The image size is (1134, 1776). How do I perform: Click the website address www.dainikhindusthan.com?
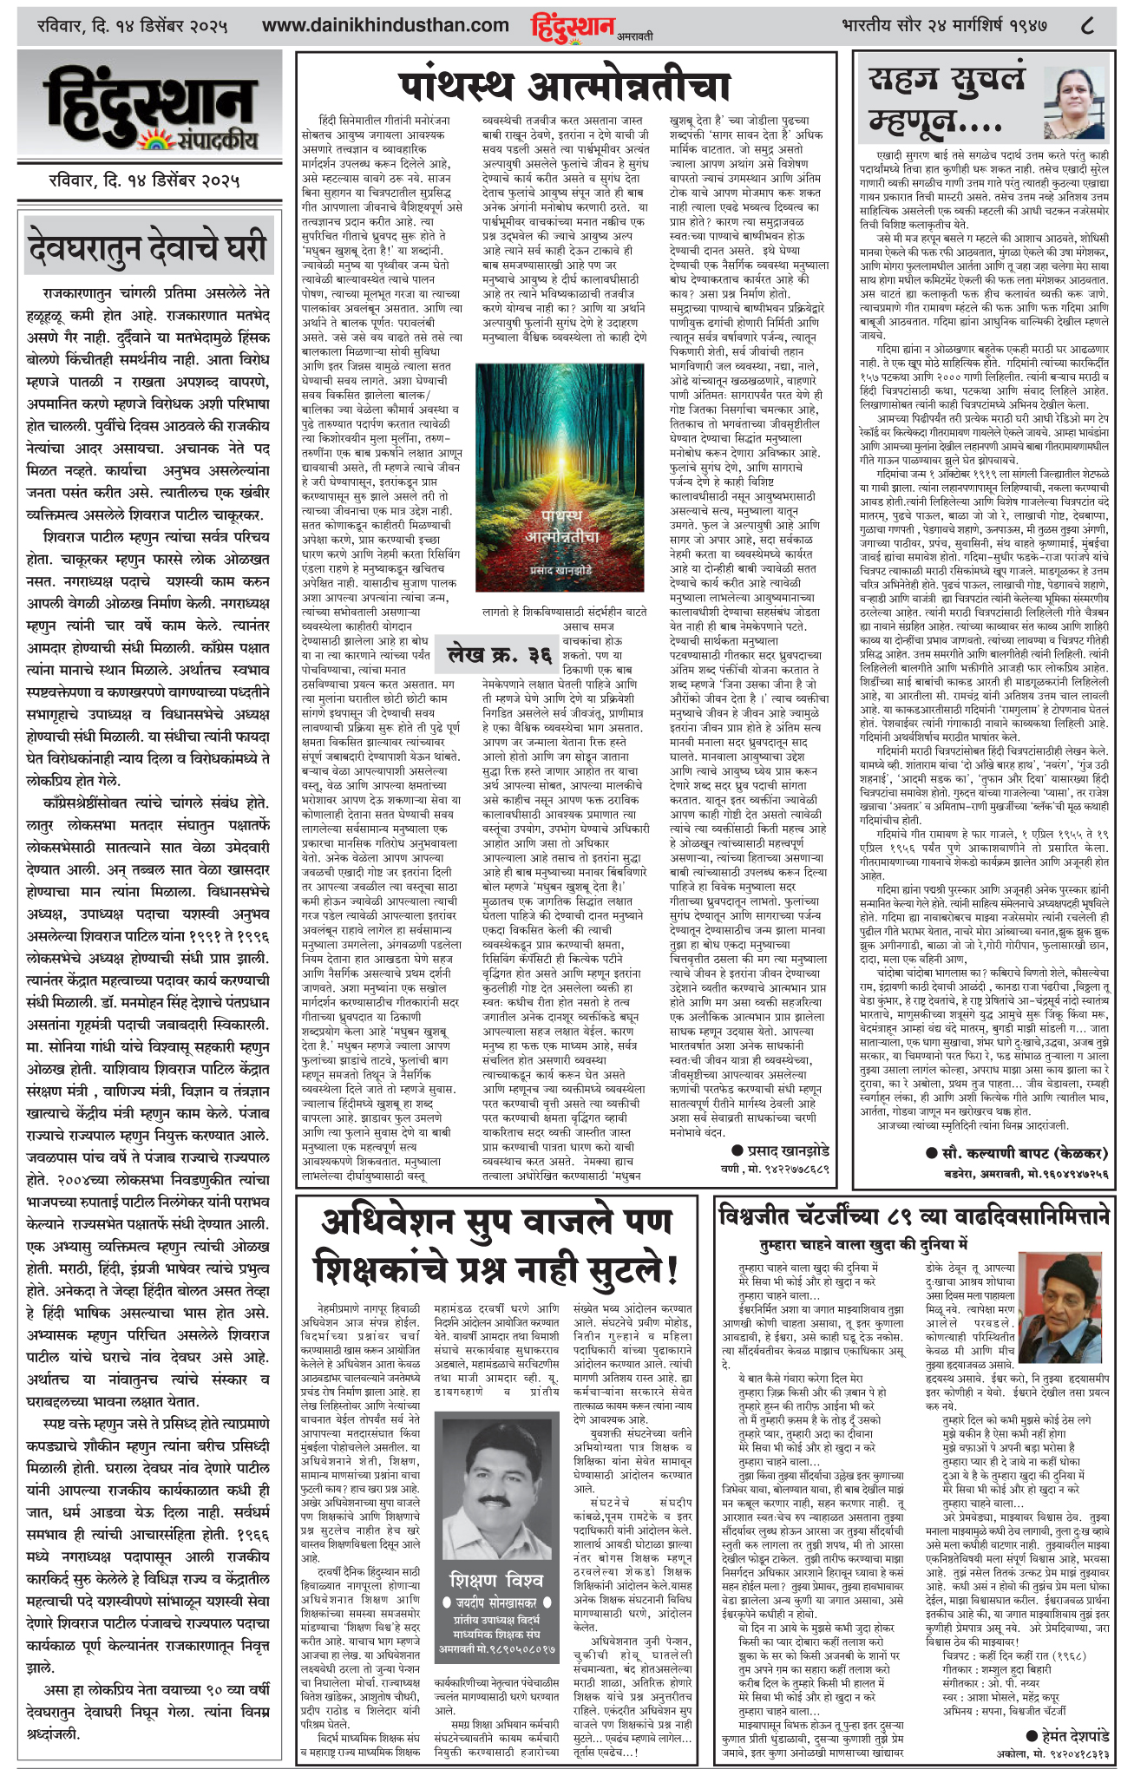385,26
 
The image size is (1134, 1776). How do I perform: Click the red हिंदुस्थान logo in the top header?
573,26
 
